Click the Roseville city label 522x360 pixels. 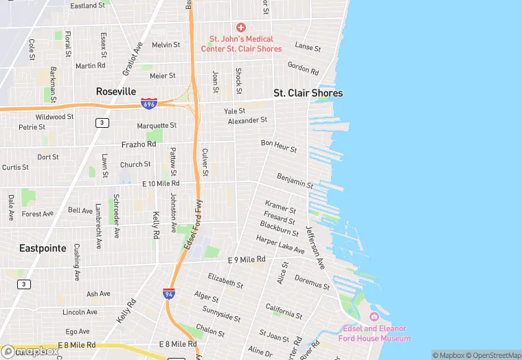pos(116,91)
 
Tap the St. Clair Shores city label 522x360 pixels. pos(308,93)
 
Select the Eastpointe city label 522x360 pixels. pos(43,248)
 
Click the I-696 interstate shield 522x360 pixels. pos(148,103)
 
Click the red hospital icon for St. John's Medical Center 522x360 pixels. pos(240,27)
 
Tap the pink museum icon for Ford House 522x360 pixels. pos(374,317)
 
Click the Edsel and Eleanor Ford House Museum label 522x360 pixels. pos(374,333)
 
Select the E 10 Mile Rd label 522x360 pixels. pos(160,184)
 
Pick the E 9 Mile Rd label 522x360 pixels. pos(246,260)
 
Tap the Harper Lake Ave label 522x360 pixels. pos(280,245)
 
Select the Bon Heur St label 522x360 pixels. pos(279,146)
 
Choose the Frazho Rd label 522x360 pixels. pos(139,144)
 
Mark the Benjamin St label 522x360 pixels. pos(295,181)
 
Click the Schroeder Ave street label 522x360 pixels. pos(116,216)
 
